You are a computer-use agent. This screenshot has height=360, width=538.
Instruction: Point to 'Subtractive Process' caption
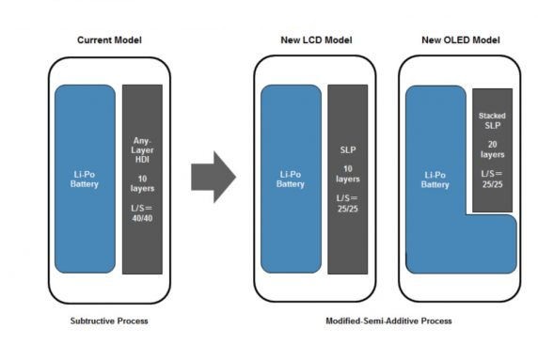coord(109,321)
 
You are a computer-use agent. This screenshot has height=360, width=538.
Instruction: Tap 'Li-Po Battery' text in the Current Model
coord(85,179)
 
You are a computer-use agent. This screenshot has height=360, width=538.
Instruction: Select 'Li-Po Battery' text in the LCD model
coord(290,179)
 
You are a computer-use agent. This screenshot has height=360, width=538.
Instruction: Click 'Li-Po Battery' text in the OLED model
coord(435,180)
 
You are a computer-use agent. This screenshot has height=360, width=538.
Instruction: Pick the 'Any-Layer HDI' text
coord(142,150)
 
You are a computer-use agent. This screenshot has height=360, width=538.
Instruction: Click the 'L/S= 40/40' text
coord(142,213)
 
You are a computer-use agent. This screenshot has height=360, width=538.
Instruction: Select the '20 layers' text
coord(492,149)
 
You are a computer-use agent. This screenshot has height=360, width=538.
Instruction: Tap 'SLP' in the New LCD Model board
coord(347,149)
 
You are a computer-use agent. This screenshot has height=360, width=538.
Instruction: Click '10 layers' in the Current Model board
coord(142,183)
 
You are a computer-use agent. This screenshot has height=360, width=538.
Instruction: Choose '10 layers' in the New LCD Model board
coord(347,173)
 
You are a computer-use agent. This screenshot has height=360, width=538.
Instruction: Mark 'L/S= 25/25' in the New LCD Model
coord(347,203)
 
